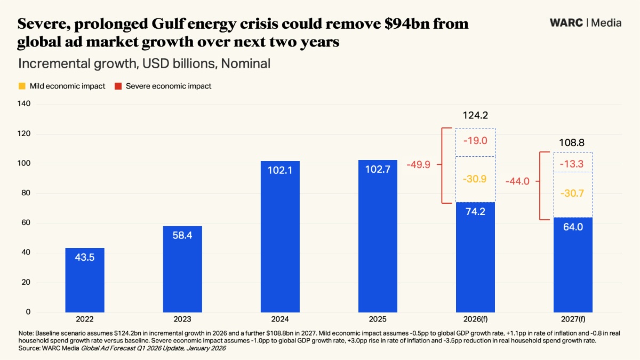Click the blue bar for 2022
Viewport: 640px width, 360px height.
[85, 280]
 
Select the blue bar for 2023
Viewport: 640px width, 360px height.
[182, 269]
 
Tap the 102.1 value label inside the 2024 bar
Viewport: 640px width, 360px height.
[280, 170]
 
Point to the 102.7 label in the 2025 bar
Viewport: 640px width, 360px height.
[378, 170]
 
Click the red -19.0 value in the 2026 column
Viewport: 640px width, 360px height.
[475, 141]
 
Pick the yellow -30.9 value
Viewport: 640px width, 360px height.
[475, 179]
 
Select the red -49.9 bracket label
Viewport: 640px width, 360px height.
[419, 165]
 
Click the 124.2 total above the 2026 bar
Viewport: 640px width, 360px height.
[475, 115]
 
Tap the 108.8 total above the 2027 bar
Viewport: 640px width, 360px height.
[573, 143]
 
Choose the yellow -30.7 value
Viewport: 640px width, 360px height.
[573, 194]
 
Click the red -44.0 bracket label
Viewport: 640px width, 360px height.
[517, 181]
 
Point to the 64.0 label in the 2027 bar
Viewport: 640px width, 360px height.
[573, 227]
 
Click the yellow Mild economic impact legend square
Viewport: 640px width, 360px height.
[22, 86]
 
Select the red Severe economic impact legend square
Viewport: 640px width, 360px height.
[118, 86]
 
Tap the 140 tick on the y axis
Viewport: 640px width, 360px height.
[25, 105]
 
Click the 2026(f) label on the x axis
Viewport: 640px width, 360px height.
[475, 319]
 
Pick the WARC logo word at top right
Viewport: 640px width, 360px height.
[566, 23]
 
